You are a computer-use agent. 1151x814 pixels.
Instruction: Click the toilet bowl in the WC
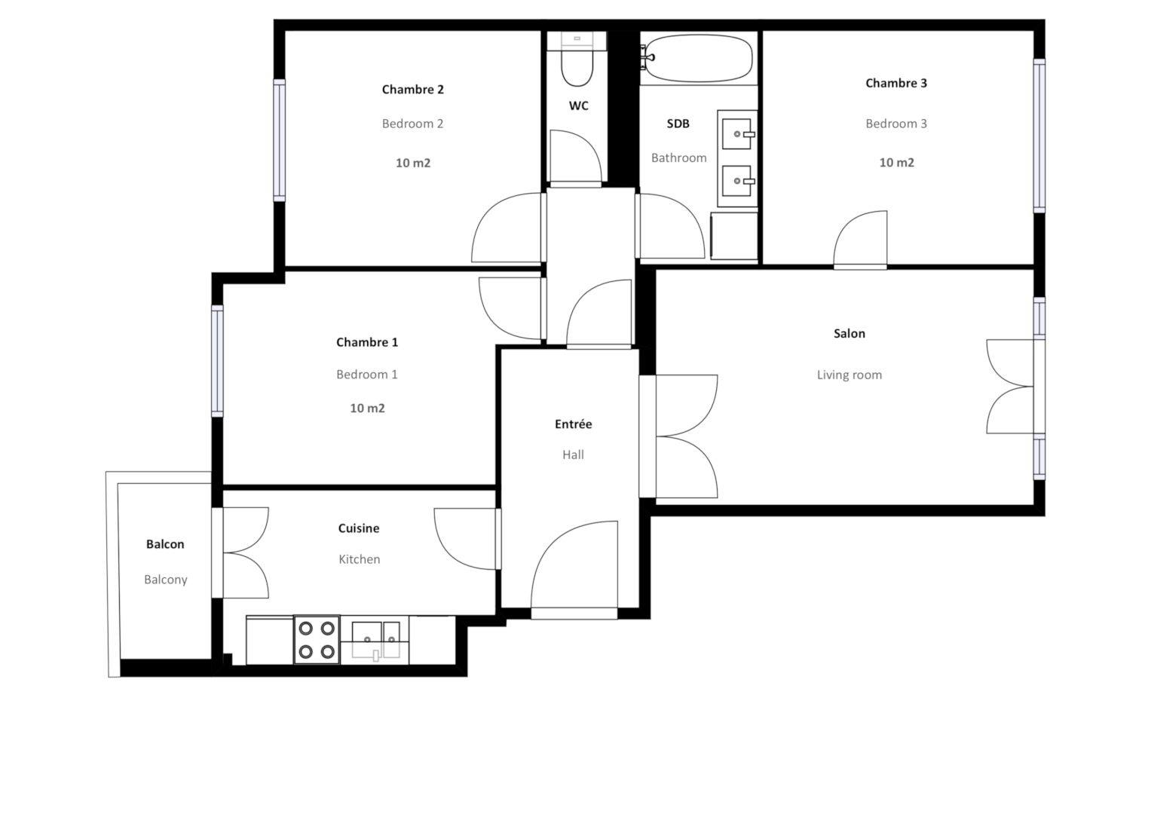tap(577, 68)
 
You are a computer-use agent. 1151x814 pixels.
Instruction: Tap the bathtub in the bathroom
tap(699, 58)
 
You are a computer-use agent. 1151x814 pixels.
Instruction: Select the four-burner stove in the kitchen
tap(317, 639)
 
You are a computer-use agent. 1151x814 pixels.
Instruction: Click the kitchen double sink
tap(375, 641)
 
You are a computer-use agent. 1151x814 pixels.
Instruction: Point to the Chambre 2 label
tap(412, 90)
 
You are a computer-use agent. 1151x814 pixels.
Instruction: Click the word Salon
tap(849, 333)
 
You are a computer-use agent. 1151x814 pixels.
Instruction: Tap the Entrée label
tap(573, 424)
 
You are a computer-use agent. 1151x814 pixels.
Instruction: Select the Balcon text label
tap(165, 544)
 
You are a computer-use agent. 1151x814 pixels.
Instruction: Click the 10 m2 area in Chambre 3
tap(897, 163)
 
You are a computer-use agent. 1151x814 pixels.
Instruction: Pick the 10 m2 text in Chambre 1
tap(367, 409)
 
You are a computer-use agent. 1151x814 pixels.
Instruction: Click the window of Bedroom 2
tap(279, 140)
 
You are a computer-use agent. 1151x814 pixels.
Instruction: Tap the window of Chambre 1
tap(217, 361)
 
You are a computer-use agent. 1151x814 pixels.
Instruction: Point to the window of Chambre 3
tap(1039, 136)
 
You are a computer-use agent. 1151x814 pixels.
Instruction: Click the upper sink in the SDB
tap(737, 133)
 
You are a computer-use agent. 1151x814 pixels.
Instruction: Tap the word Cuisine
tap(359, 528)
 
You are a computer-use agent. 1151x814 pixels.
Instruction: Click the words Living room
tap(849, 375)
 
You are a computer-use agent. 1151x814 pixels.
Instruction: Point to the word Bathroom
tap(679, 158)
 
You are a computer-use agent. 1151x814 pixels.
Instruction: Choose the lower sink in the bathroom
tap(737, 181)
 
